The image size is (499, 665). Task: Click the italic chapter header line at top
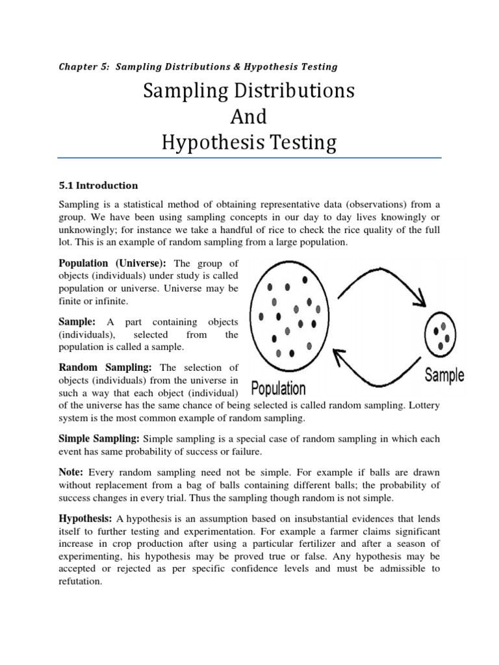tap(198, 66)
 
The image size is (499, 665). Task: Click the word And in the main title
tap(249, 117)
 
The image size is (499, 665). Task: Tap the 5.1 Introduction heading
tap(98, 185)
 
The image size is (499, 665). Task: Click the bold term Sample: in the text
tap(77, 322)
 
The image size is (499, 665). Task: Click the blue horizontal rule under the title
tap(249, 157)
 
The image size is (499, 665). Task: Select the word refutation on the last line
tap(81, 582)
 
